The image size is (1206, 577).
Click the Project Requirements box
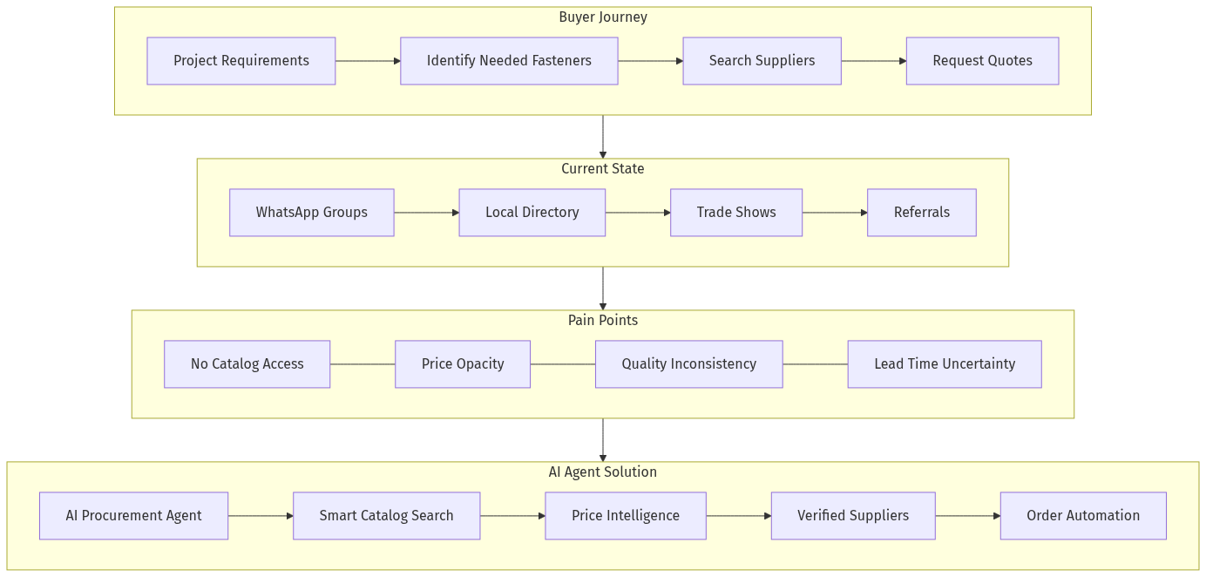pyautogui.click(x=241, y=61)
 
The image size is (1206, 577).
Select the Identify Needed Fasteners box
pyautogui.click(x=509, y=61)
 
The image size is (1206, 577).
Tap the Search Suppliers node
pyautogui.click(x=762, y=61)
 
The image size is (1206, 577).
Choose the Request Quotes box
pyautogui.click(x=982, y=61)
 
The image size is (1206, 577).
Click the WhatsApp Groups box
pyautogui.click(x=311, y=213)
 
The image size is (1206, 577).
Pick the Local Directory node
pyautogui.click(x=532, y=213)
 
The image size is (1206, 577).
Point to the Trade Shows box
pyautogui.click(x=735, y=213)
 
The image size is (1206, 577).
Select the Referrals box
pyautogui.click(x=921, y=213)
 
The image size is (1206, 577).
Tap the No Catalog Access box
pyautogui.click(x=247, y=364)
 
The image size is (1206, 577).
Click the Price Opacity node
pyautogui.click(x=462, y=364)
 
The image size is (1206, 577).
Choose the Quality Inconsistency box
pyautogui.click(x=688, y=364)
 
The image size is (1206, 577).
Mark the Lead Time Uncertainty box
pyautogui.click(x=944, y=364)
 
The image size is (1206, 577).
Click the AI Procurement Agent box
pyautogui.click(x=133, y=516)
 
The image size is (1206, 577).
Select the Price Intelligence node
pyautogui.click(x=625, y=516)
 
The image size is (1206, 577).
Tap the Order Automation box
pyautogui.click(x=1082, y=516)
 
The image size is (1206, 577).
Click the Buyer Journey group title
pyautogui.click(x=602, y=17)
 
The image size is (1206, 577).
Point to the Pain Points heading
pyautogui.click(x=602, y=321)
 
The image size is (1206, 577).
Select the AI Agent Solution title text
pyautogui.click(x=602, y=472)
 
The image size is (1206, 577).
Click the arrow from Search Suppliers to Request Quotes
pyautogui.click(x=873, y=61)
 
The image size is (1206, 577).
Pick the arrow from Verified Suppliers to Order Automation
pyautogui.click(x=967, y=516)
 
